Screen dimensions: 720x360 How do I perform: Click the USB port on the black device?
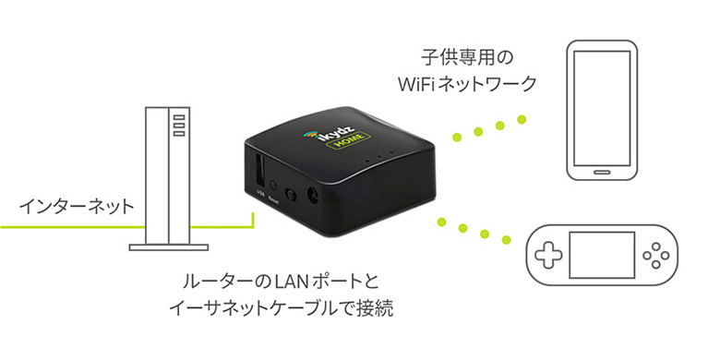click(x=259, y=173)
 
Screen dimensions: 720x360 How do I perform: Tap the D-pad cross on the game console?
click(x=547, y=251)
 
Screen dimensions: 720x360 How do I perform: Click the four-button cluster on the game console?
click(x=658, y=251)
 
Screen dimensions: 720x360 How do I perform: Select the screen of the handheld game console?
click(x=603, y=251)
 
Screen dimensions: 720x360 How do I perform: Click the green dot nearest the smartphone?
click(x=522, y=118)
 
